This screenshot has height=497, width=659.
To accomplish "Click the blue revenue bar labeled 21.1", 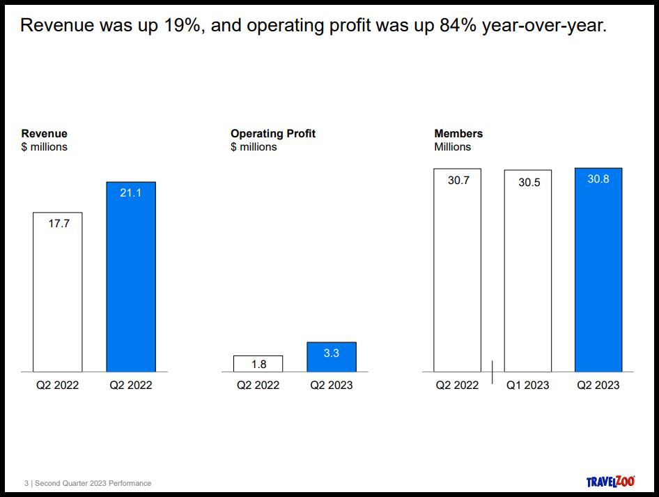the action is (131, 277).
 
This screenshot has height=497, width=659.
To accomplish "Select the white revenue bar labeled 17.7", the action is (58, 292).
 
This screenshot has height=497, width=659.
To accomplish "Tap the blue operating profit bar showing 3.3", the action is (332, 357).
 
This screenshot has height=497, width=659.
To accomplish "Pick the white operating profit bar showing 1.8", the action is (258, 364).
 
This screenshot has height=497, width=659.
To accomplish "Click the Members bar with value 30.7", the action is (457, 270).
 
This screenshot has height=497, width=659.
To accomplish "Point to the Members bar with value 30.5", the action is (528, 270).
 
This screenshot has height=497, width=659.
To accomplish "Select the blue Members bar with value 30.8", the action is (598, 270).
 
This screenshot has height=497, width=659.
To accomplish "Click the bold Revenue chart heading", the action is (44, 134).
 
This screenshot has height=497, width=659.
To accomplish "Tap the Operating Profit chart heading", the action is (273, 134).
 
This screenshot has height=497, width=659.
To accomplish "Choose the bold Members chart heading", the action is (458, 134).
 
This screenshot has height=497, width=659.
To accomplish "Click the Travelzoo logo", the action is (610, 481).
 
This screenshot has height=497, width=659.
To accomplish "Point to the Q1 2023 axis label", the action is (527, 385).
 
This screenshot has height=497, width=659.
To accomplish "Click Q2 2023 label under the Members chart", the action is (598, 385).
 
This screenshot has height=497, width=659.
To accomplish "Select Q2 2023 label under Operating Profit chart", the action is (331, 385).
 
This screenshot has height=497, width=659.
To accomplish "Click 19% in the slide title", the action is (182, 25).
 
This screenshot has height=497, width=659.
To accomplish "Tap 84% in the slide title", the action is (458, 25).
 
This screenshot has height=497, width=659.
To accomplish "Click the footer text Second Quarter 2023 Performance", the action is (93, 483).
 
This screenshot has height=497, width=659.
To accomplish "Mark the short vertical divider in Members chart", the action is (492, 372).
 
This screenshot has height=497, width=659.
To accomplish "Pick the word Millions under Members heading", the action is (453, 147).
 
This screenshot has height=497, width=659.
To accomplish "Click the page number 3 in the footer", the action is (26, 483).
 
